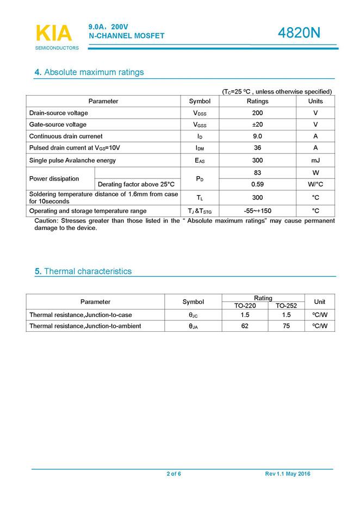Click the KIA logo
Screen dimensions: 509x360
coord(54,34)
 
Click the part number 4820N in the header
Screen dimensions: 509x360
coord(299,33)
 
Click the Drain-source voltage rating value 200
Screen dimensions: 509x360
coord(257,113)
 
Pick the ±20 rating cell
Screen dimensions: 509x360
coord(257,125)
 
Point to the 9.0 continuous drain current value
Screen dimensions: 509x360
coord(257,136)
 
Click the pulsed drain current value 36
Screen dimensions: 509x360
coord(257,148)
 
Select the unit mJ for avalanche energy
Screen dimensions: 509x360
coord(315,160)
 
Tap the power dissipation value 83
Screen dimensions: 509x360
coord(257,172)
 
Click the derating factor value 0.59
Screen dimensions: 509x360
coord(257,184)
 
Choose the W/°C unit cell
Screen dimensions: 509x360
coord(315,184)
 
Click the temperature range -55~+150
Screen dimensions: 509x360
coord(257,211)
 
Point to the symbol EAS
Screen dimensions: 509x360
coord(200,160)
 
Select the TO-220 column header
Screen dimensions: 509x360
coord(243,306)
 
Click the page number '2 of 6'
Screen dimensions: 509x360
coord(173,474)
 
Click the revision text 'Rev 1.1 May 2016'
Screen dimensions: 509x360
coord(288,474)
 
